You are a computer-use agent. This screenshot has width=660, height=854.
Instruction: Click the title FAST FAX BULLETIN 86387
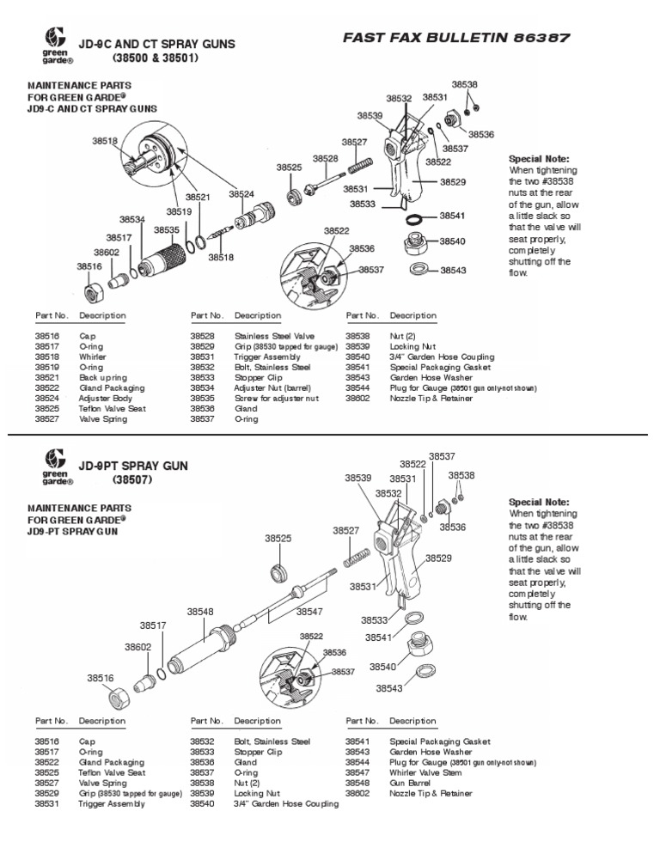click(x=455, y=38)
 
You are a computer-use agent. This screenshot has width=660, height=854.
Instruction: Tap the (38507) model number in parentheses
click(x=131, y=479)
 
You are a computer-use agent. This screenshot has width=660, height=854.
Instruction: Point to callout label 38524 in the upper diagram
click(x=241, y=195)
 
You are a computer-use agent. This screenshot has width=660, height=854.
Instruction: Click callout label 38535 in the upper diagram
click(x=166, y=229)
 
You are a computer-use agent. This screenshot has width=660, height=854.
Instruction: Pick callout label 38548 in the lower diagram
click(x=200, y=611)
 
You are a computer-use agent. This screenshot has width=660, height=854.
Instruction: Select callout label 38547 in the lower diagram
click(x=309, y=611)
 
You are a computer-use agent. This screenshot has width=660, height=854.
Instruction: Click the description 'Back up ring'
click(x=102, y=377)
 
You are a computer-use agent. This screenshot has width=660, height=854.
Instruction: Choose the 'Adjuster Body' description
click(x=102, y=398)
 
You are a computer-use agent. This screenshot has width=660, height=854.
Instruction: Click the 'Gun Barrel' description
click(x=410, y=783)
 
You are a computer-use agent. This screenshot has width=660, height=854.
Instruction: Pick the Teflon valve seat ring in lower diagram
click(x=278, y=571)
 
